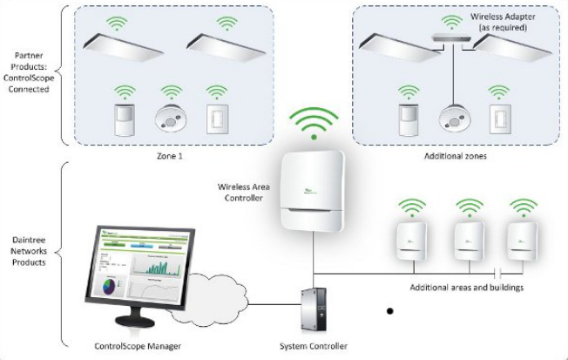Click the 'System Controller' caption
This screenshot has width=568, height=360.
click(314, 346)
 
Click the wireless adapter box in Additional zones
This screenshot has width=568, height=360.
click(448, 37)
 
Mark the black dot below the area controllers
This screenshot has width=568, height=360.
click(390, 309)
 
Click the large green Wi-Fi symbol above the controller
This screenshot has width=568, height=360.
click(311, 125)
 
